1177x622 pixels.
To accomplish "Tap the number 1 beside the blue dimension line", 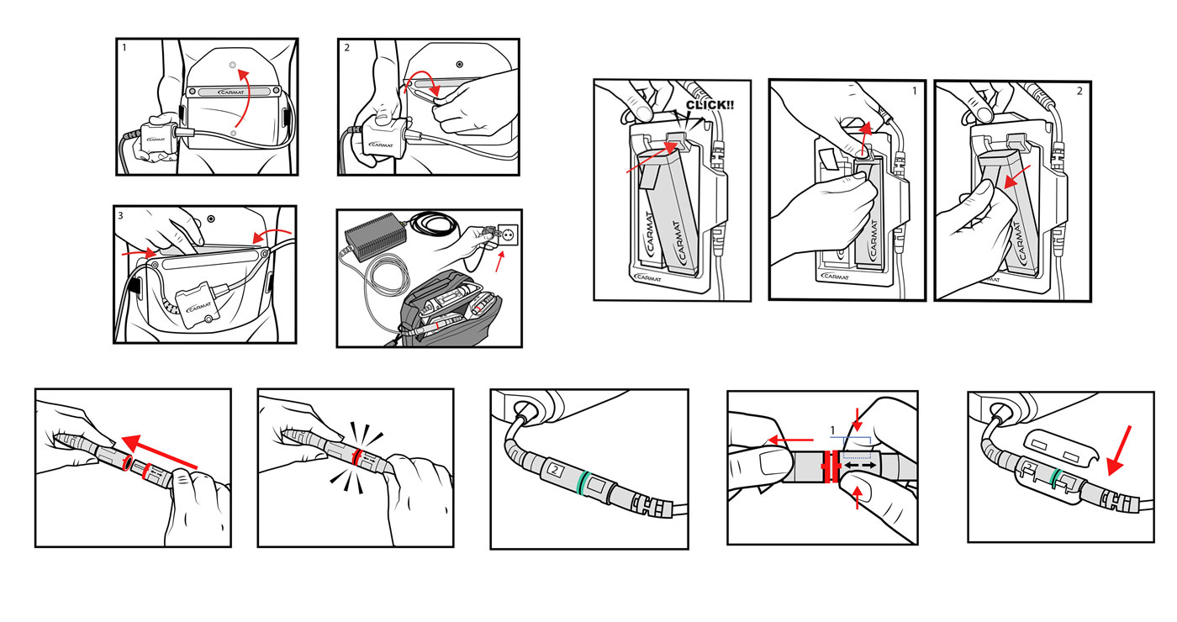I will point(832,430).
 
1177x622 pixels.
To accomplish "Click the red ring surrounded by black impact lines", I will point(356,456).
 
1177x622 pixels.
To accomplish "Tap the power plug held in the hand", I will point(481,238).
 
